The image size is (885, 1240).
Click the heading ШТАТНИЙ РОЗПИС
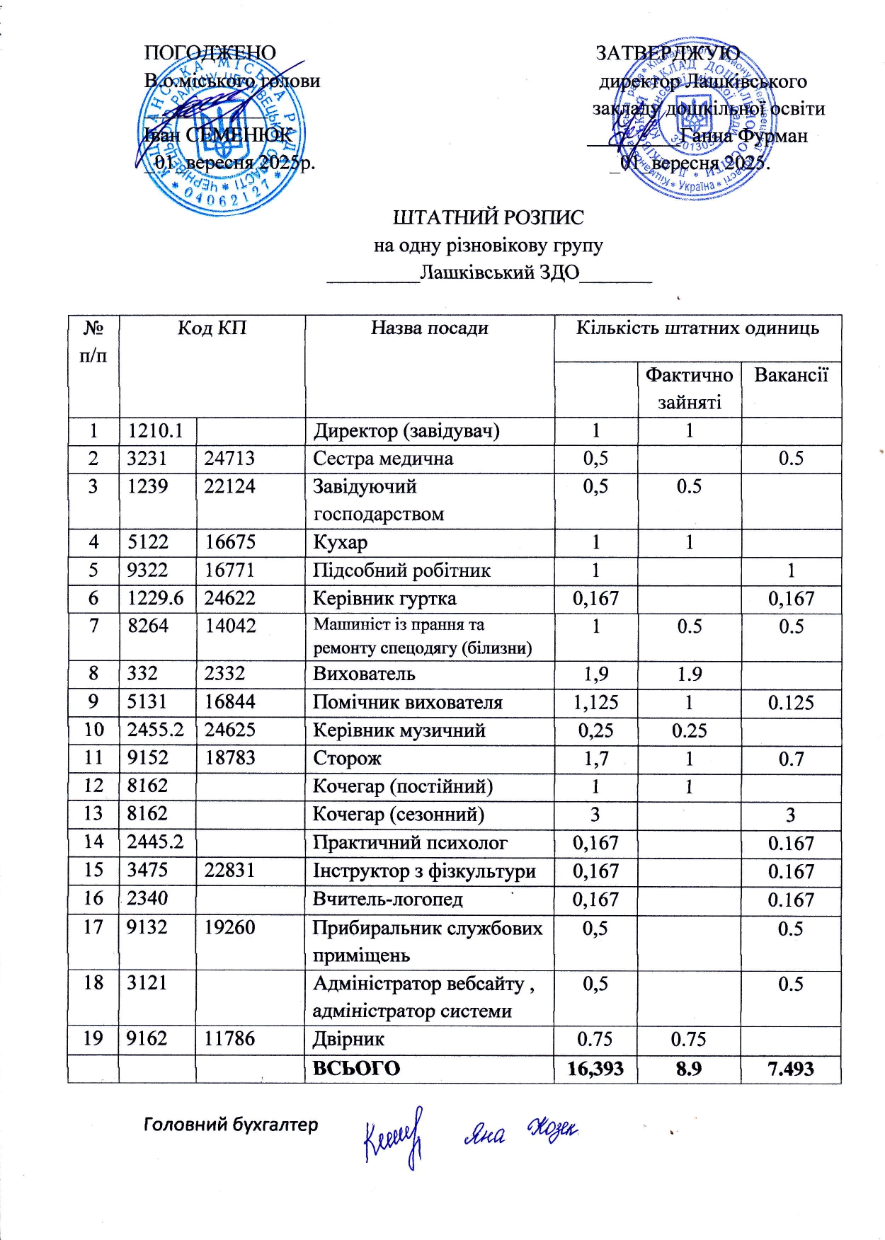(x=489, y=217)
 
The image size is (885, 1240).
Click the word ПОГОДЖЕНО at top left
(x=210, y=53)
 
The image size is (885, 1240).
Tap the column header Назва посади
(x=429, y=328)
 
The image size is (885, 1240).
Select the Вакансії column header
(x=791, y=374)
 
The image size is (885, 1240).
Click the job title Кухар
(x=341, y=543)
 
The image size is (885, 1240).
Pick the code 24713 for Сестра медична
(x=229, y=459)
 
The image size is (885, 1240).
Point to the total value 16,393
(x=595, y=1069)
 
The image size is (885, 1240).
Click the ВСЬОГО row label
(x=356, y=1069)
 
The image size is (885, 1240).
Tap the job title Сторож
(x=347, y=759)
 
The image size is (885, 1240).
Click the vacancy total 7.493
(x=791, y=1069)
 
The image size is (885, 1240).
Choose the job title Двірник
(x=348, y=1039)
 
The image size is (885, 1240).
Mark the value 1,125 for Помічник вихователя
(x=595, y=703)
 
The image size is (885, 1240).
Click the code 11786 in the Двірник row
(x=229, y=1039)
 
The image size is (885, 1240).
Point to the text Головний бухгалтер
(x=231, y=1125)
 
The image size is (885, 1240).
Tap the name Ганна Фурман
(x=743, y=135)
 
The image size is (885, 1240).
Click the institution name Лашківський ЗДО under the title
(x=499, y=272)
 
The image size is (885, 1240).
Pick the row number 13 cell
(x=93, y=814)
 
